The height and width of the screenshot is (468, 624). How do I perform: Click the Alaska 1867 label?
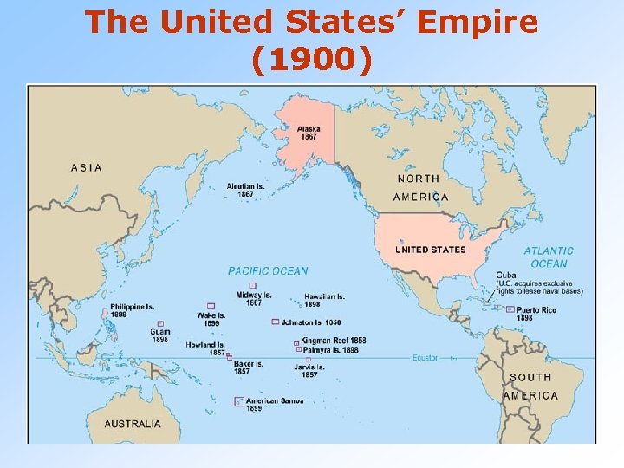tap(309, 133)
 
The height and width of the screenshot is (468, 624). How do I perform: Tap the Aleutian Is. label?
tap(241, 190)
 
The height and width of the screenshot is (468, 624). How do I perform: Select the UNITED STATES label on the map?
tap(431, 250)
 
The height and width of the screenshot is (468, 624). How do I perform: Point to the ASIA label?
tap(87, 167)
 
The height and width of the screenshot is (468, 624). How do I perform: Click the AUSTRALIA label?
tap(133, 424)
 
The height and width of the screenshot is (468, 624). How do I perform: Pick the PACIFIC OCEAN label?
tap(268, 271)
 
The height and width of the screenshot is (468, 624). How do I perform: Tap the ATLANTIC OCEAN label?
tap(548, 257)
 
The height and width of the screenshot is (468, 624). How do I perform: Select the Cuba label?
tap(506, 275)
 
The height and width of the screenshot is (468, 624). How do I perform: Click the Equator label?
tap(425, 356)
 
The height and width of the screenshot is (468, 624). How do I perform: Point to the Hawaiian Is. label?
tap(324, 300)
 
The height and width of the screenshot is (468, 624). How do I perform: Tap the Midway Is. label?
tap(253, 298)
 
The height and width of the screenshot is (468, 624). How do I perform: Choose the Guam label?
tap(159, 335)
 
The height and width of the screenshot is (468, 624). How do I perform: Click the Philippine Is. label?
tap(133, 310)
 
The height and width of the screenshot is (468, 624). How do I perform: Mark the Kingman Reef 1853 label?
tap(334, 341)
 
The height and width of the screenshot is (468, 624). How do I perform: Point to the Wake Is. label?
tap(211, 319)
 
